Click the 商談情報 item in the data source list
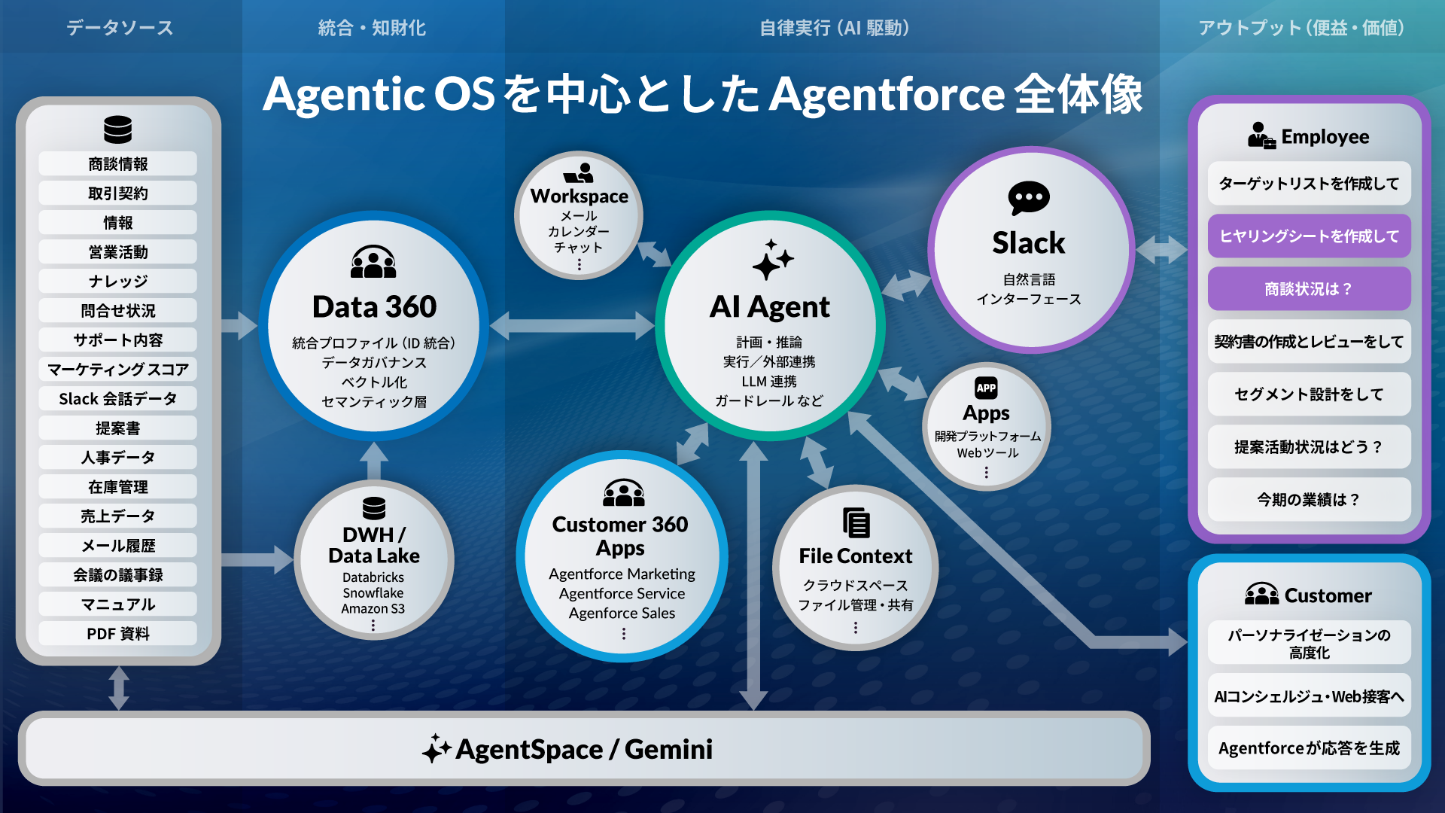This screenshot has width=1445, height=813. click(118, 164)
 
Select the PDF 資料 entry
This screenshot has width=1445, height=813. click(118, 634)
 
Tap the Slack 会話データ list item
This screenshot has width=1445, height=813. click(118, 399)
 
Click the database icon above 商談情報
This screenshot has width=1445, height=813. click(118, 129)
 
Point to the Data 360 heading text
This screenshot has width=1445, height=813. click(374, 307)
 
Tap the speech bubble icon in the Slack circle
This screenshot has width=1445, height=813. click(1029, 198)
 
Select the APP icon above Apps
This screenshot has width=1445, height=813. click(986, 388)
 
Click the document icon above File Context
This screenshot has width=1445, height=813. click(856, 522)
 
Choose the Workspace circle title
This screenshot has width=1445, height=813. click(579, 196)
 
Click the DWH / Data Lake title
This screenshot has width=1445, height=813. click(374, 545)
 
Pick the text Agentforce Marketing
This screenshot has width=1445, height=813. click(622, 574)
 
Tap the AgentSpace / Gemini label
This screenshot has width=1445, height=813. click(583, 750)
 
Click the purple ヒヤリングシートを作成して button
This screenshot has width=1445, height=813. click(1309, 236)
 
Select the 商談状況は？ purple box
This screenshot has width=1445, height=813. click(1309, 289)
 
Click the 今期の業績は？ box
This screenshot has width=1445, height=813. click(1309, 500)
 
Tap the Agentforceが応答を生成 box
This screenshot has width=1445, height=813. click(1309, 748)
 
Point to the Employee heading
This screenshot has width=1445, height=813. click(1325, 137)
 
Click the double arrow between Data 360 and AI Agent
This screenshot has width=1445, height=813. click(572, 326)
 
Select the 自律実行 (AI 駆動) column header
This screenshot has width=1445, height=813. click(834, 29)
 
